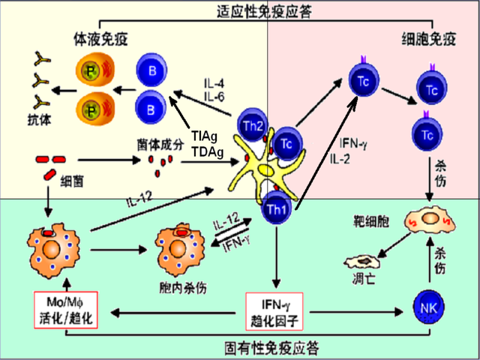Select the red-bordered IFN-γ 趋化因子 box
(x=277, y=307)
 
